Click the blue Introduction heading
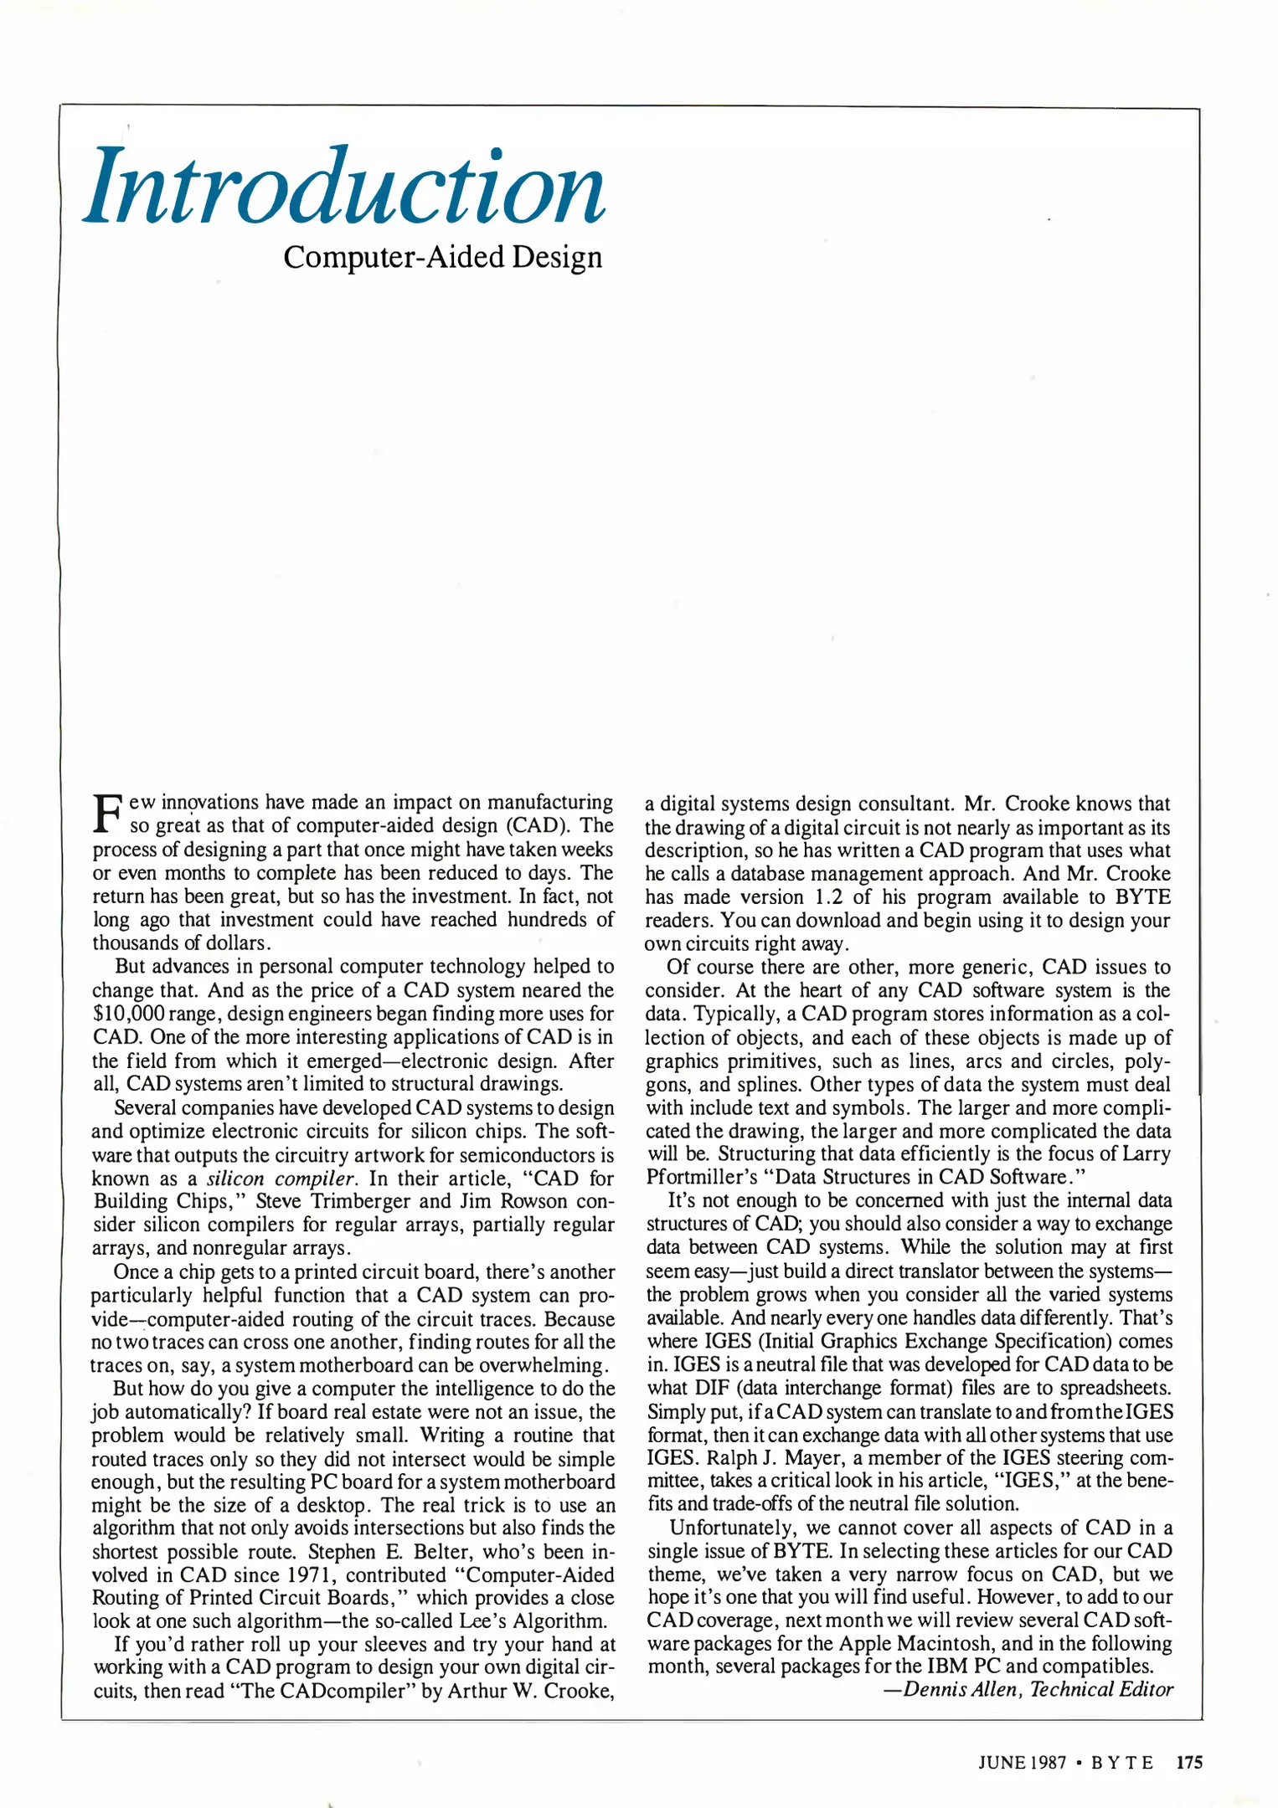345,187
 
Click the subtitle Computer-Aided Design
443,257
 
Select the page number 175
1189,1762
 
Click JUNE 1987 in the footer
1021,1762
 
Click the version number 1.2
828,897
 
